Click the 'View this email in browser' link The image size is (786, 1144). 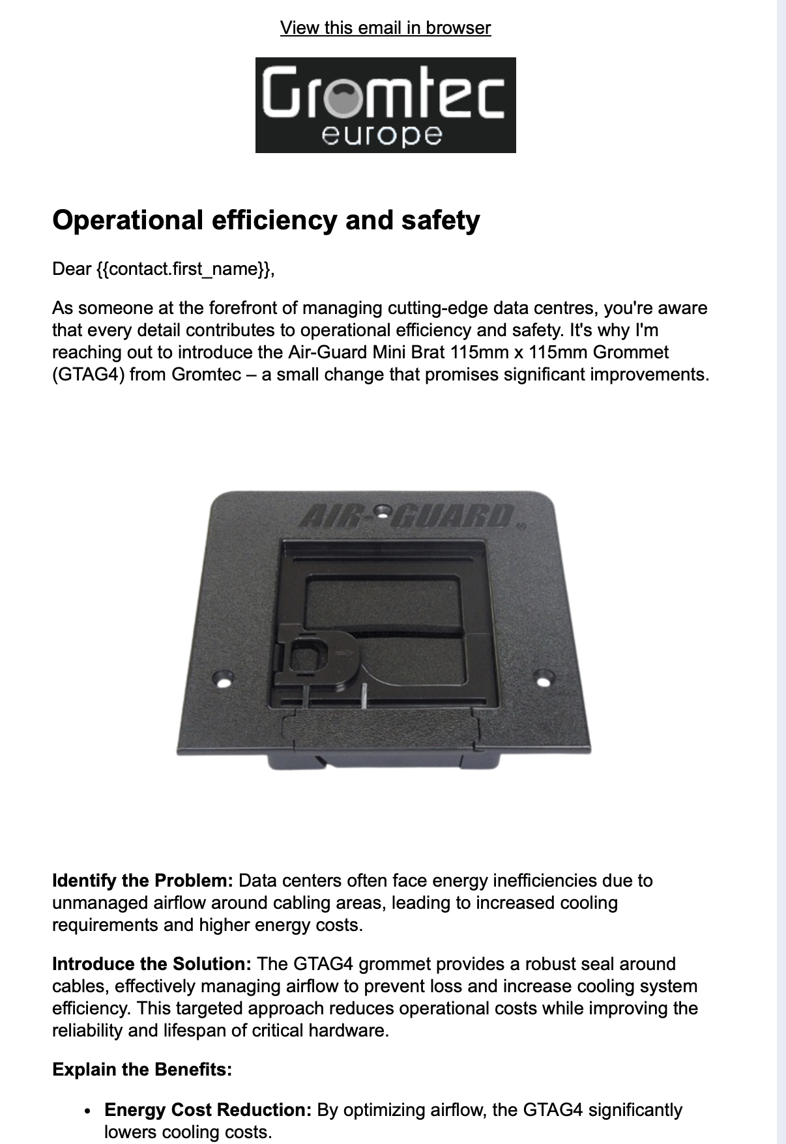[385, 28]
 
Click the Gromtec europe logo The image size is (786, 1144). [385, 105]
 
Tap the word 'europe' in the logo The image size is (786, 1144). [382, 136]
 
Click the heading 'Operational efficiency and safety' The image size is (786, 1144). [266, 220]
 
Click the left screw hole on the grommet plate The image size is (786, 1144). [224, 682]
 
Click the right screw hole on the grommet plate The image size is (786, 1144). [542, 681]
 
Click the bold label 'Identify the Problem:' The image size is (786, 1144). [143, 881]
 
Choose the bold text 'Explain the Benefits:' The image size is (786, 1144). [142, 1070]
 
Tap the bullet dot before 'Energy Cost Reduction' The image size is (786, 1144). [87, 1111]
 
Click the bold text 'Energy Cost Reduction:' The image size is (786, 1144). [208, 1110]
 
